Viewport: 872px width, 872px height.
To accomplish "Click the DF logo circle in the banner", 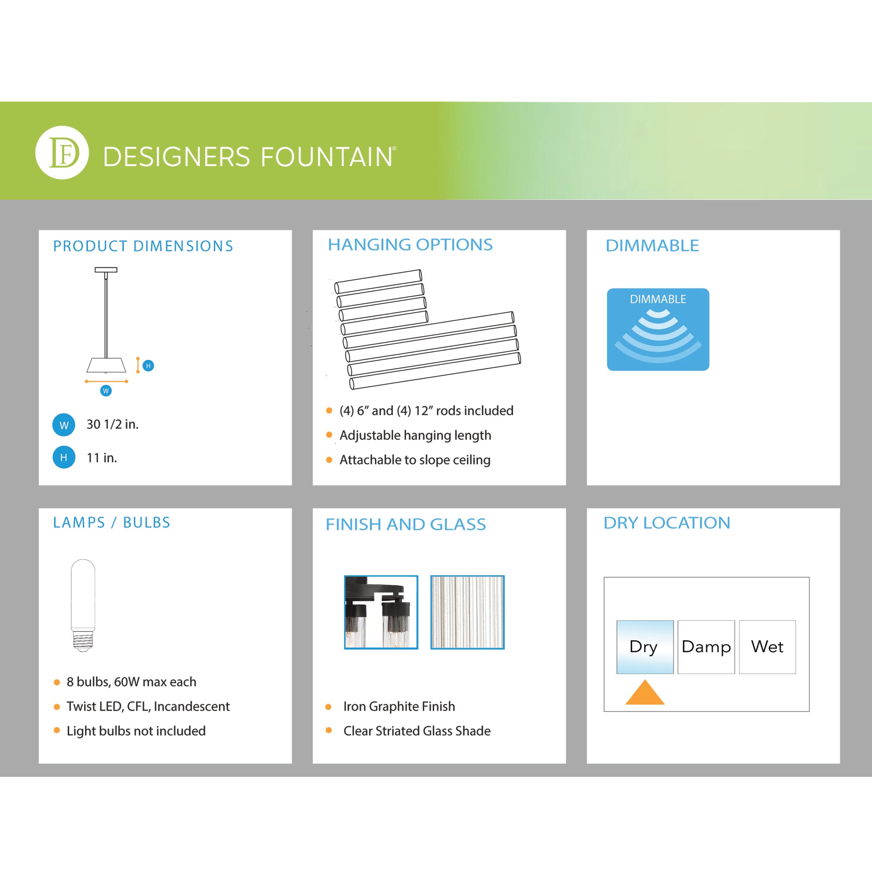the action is point(62,153).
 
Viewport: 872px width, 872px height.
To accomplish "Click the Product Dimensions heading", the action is point(143,246).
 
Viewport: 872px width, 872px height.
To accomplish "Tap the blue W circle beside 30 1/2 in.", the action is point(64,425).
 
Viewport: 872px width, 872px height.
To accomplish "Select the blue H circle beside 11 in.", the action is point(64,457).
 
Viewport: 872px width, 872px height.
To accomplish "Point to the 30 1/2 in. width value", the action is point(112,424).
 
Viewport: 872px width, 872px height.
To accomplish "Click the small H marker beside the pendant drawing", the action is point(148,366).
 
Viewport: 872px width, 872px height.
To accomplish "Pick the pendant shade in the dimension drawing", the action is point(106,365).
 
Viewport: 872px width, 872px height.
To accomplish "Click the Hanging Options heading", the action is point(410,245).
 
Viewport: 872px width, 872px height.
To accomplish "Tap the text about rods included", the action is point(426,411).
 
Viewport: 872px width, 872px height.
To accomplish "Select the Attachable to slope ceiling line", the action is point(415,460).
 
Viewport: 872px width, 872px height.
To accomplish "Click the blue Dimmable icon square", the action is point(658,330).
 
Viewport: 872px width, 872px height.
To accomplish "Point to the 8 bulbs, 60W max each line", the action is point(131,681).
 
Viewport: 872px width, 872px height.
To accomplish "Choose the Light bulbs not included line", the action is point(136,731).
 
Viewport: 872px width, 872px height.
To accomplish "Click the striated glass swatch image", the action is point(467,612).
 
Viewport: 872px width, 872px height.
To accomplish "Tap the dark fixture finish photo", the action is point(381,612).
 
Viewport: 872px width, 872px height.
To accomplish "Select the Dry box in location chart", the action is point(645,647).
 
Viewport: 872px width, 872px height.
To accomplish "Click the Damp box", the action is point(706,647).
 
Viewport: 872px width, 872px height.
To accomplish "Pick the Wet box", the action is point(767,647).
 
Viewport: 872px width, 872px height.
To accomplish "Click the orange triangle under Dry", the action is point(645,694).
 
